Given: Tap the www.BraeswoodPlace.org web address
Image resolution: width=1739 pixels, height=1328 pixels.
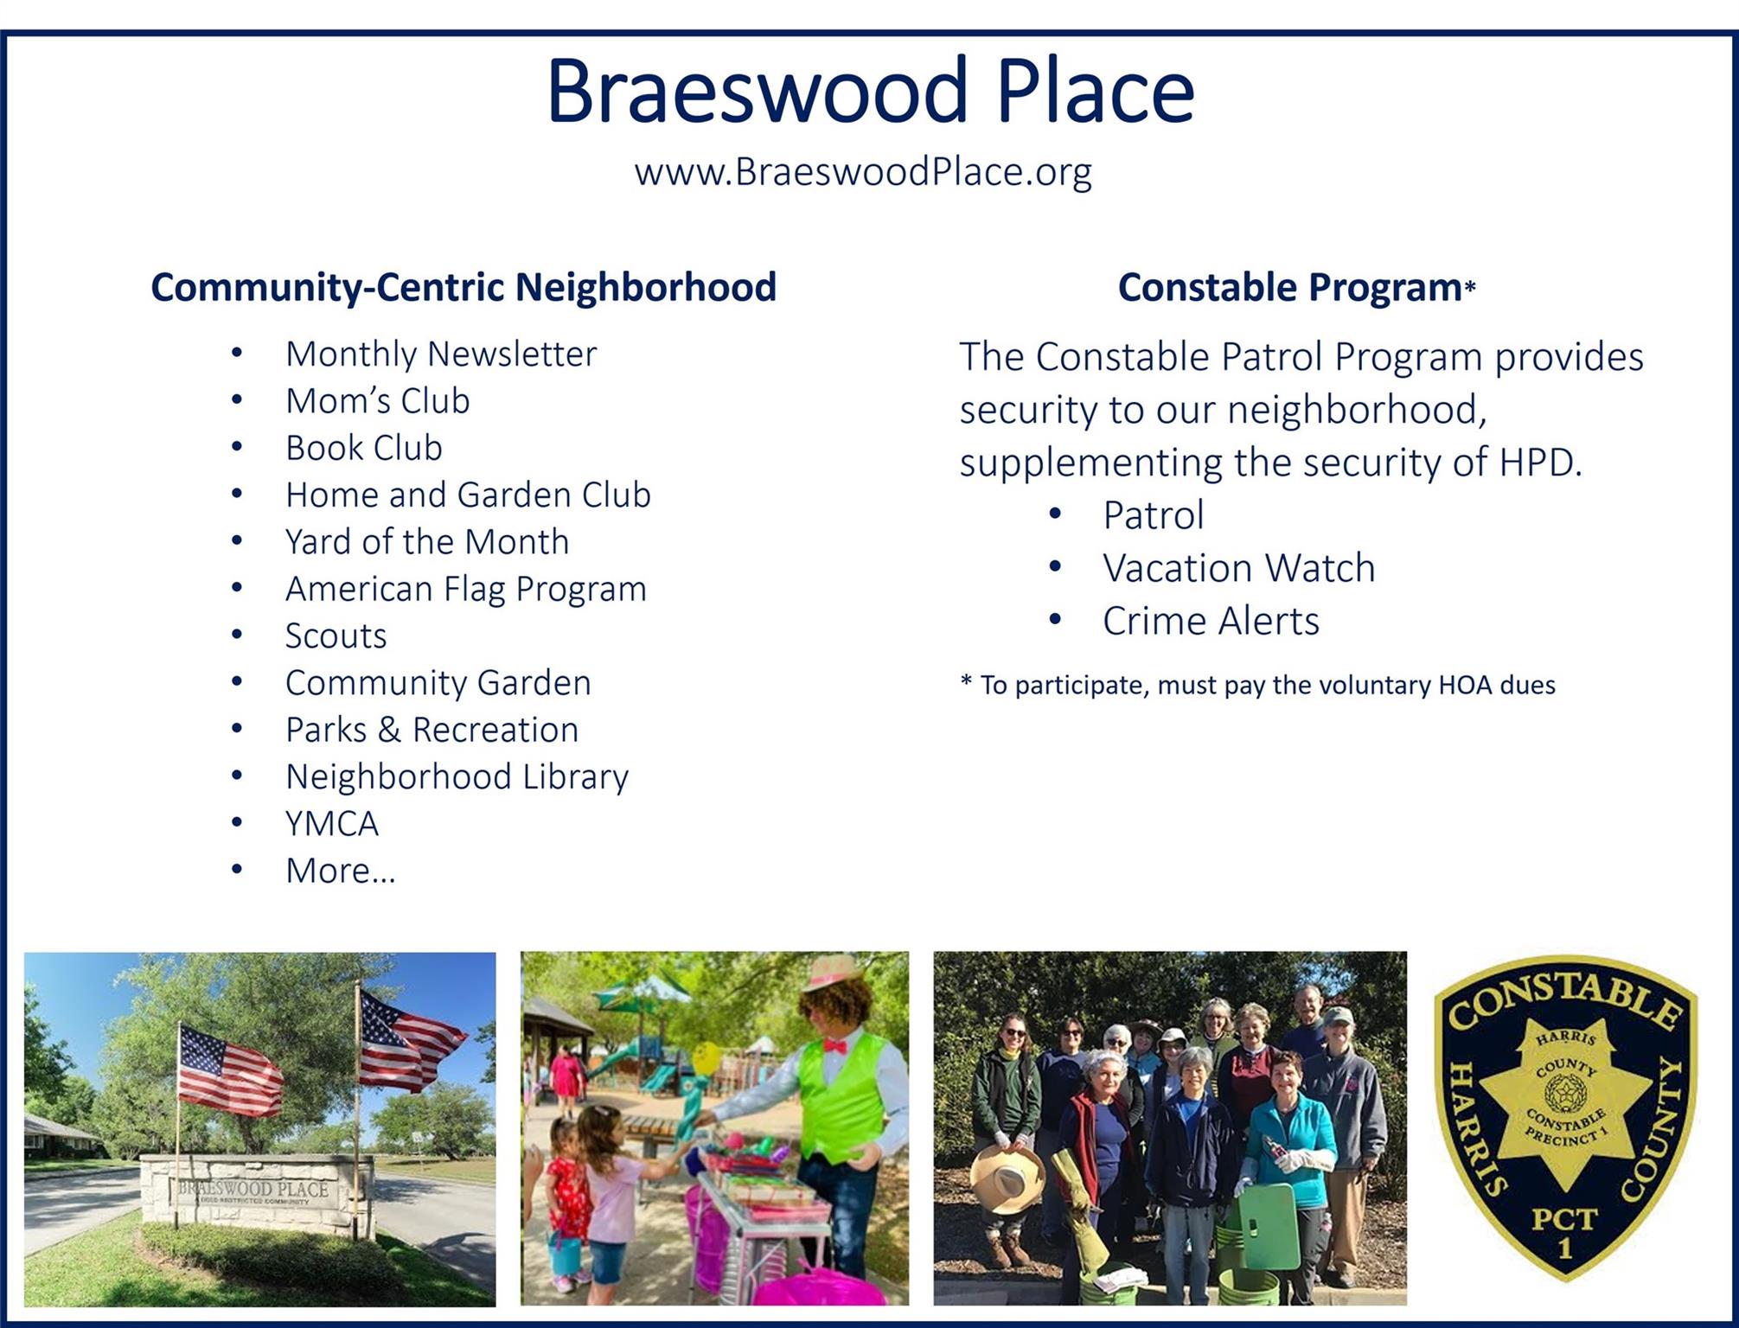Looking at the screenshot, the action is [863, 172].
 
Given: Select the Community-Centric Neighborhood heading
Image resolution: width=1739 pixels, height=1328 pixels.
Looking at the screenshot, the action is [464, 288].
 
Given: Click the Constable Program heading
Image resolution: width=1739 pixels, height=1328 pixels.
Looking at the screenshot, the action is [1296, 288].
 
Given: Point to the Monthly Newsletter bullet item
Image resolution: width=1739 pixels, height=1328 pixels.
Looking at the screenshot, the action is [441, 354].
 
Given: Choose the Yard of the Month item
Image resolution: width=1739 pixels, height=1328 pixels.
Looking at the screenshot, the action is [427, 542].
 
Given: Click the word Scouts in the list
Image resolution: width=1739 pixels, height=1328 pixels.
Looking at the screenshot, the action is [336, 636].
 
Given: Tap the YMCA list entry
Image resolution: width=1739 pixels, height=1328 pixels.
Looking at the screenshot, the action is [332, 824].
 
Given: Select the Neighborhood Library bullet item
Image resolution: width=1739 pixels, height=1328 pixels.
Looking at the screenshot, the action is [457, 777].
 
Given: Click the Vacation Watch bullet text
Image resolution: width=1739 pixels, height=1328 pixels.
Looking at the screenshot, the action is [1238, 568].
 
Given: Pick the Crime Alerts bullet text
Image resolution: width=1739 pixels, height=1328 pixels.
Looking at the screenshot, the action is [1211, 621].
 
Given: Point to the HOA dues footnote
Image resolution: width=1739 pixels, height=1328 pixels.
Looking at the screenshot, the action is [1257, 686].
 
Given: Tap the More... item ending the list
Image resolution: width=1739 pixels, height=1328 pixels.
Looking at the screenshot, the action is [341, 871].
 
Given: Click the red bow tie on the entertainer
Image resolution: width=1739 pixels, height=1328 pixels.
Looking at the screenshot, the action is [834, 1047].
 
